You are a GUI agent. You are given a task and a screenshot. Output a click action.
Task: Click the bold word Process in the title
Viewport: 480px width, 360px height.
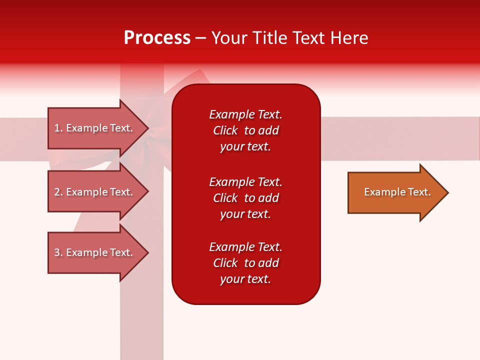click(157, 38)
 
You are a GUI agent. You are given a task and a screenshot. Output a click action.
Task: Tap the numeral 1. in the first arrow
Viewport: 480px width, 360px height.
click(58, 128)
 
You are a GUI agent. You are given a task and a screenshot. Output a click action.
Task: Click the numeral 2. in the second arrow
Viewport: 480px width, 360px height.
click(58, 192)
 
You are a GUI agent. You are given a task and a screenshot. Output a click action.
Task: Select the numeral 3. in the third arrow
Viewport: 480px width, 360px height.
click(58, 252)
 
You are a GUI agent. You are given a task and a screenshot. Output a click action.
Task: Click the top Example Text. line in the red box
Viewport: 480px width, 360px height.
click(245, 114)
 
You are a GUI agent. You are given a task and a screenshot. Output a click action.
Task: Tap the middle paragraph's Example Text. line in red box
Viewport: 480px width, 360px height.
click(245, 182)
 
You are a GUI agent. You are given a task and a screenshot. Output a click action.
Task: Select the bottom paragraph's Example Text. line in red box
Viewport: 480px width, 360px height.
click(245, 247)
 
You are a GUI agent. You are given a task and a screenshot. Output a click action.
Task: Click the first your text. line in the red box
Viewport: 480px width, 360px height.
click(245, 146)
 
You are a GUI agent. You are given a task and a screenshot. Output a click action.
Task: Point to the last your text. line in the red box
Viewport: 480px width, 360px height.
click(245, 279)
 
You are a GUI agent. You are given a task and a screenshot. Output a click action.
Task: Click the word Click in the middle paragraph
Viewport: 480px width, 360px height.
click(225, 198)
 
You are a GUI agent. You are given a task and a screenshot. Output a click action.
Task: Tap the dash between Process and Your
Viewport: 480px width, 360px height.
click(201, 38)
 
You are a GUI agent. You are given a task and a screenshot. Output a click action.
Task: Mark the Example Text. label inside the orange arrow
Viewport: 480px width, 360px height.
click(397, 192)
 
